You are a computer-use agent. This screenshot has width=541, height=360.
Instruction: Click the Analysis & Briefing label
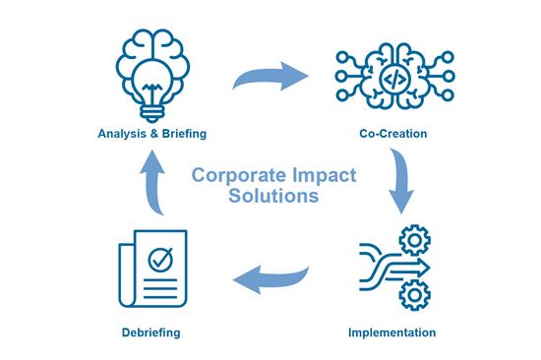point(151,133)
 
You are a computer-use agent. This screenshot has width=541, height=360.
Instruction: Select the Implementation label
point(391,332)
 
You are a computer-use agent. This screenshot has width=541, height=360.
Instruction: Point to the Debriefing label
point(151,332)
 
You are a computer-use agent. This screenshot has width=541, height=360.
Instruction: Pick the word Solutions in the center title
point(272,196)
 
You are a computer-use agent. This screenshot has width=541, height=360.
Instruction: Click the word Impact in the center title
point(319,175)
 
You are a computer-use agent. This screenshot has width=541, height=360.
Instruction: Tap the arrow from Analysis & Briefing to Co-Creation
point(270,75)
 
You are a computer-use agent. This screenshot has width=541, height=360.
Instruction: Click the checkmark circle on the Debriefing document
point(157,260)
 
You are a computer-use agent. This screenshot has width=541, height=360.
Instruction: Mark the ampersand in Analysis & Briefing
point(152,133)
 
